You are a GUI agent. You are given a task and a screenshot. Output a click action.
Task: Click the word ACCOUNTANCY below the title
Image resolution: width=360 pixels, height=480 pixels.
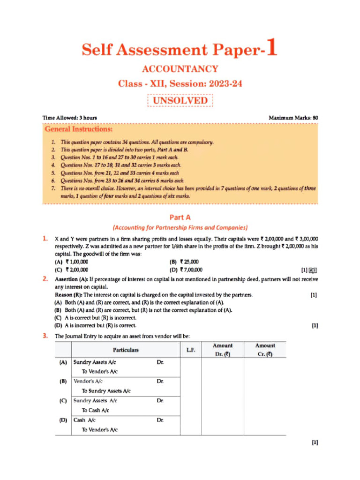pyautogui.click(x=180, y=69)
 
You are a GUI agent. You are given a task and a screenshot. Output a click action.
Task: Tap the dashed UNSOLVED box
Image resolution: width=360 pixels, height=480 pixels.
pyautogui.click(x=180, y=101)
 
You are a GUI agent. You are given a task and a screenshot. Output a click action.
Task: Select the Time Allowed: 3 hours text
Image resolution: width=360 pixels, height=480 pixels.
pyautogui.click(x=70, y=118)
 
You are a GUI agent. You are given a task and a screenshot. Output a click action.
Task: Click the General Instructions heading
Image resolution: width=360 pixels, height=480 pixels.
pyautogui.click(x=78, y=128)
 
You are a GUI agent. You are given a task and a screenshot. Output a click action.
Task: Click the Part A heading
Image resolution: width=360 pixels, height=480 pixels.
pyautogui.click(x=180, y=217)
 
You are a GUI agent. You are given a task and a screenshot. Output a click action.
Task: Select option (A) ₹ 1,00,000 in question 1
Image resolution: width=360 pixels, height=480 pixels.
pyautogui.click(x=72, y=262)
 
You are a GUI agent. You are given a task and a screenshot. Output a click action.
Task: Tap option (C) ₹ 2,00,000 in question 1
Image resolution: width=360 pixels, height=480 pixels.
pyautogui.click(x=72, y=270)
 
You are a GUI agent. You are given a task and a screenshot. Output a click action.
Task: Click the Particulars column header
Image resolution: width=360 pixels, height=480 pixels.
pyautogui.click(x=126, y=350)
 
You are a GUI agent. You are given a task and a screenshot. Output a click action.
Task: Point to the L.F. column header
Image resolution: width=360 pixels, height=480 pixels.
pyautogui.click(x=190, y=350)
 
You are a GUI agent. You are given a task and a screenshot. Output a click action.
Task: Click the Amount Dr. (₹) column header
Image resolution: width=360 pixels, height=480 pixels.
pyautogui.click(x=223, y=350)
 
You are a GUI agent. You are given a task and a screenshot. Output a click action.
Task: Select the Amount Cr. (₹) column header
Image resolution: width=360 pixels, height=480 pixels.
pyautogui.click(x=265, y=350)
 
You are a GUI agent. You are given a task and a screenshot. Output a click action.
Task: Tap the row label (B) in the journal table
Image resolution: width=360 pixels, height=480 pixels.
pyautogui.click(x=63, y=382)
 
